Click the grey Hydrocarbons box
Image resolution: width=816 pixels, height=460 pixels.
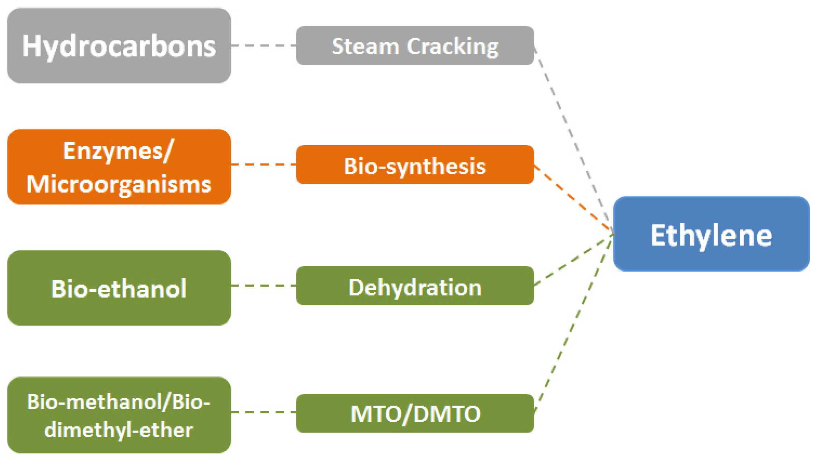tap(119, 46)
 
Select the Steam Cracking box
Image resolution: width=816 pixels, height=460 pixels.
tap(415, 46)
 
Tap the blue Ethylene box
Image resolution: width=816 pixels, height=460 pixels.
tap(711, 234)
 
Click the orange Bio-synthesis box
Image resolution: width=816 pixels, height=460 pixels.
tap(415, 165)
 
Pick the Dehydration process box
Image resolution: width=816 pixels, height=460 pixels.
tap(415, 286)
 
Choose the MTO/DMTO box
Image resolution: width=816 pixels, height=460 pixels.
tap(415, 413)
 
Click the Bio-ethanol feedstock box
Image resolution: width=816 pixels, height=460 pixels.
tap(119, 288)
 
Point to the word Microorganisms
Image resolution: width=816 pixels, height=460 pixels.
tap(119, 184)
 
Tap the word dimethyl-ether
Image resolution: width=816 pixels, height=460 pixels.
tap(119, 430)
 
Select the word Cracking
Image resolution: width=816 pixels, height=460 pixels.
tap(453, 47)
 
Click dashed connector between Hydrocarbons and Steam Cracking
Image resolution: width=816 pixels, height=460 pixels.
tap(263, 46)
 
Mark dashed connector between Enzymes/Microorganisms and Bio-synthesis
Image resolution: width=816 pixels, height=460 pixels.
tap(263, 165)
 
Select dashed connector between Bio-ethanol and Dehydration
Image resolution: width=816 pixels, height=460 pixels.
tap(263, 286)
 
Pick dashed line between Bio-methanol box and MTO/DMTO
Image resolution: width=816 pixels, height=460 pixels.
tap(263, 412)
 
